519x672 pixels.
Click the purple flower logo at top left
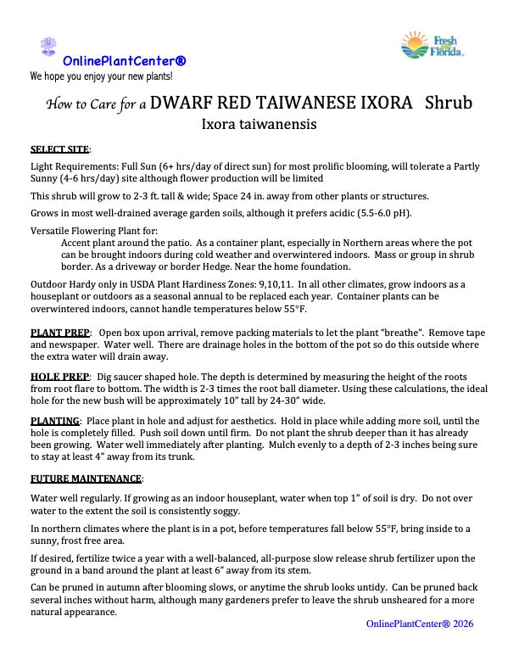pos(47,46)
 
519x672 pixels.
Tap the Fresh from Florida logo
pos(432,45)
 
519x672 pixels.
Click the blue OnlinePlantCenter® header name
pos(125,61)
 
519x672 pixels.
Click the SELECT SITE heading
pos(59,149)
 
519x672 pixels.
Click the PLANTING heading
pos(55,421)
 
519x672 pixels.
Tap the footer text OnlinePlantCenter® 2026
pos(420,624)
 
